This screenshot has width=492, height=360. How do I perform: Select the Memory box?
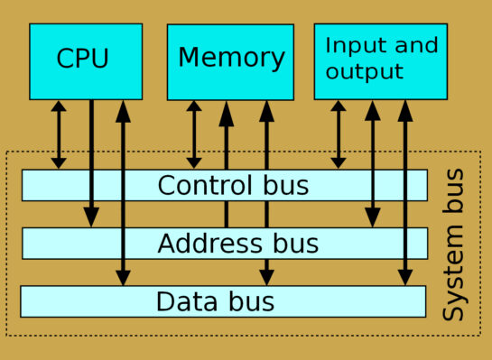tap(231, 60)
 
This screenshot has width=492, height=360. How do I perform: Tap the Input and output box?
tap(380, 60)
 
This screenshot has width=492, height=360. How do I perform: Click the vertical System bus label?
tap(455, 244)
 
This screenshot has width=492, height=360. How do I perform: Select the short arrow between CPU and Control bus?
tap(59, 134)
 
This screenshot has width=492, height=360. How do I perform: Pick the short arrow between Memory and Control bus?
tap(194, 134)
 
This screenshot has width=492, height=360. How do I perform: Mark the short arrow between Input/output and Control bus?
tap(339, 134)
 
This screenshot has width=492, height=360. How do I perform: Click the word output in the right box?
tap(364, 72)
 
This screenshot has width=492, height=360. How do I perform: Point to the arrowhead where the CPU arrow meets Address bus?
tap(91, 217)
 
